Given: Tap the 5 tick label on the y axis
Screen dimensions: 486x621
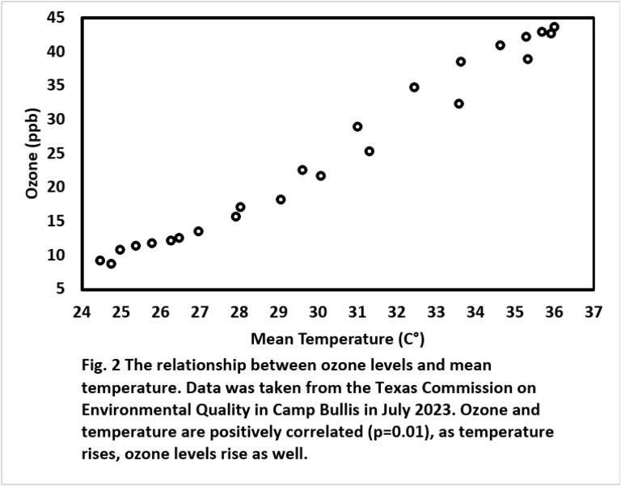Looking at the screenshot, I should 70,289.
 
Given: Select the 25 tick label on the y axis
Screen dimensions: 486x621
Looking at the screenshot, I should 65,153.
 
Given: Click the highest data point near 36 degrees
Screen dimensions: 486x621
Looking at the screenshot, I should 554,27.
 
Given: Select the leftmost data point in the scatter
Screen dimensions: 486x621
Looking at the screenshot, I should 100,260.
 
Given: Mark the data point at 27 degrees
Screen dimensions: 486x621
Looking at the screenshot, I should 198,231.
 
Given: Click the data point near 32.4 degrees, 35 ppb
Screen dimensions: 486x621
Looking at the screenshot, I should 414,87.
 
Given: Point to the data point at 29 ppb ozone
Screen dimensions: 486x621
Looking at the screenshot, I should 357,127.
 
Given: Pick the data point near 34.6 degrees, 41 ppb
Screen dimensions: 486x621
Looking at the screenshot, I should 500,45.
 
